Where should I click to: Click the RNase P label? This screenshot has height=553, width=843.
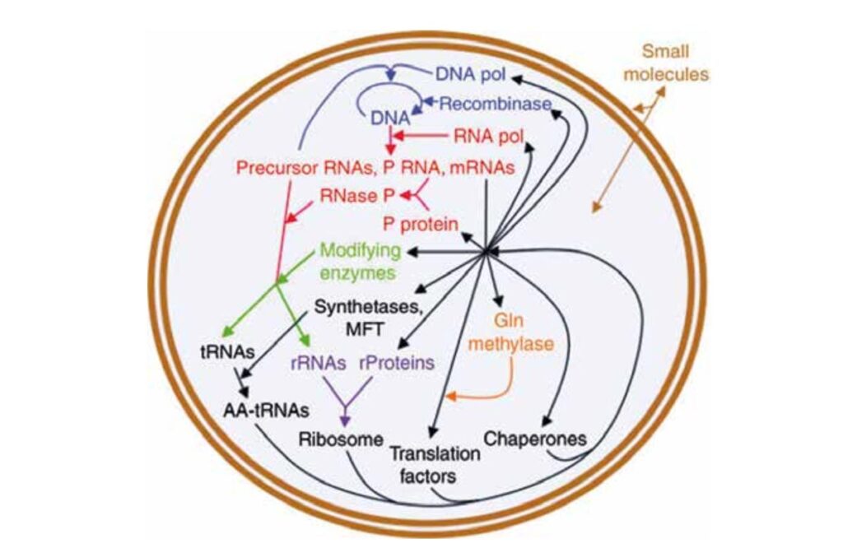pyautogui.click(x=358, y=197)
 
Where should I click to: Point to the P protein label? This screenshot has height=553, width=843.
pyautogui.click(x=421, y=223)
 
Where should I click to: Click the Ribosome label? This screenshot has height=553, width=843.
pyautogui.click(x=342, y=439)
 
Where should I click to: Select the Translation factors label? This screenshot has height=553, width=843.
pyautogui.click(x=424, y=464)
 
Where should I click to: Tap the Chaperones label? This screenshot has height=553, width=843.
pyautogui.click(x=535, y=439)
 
